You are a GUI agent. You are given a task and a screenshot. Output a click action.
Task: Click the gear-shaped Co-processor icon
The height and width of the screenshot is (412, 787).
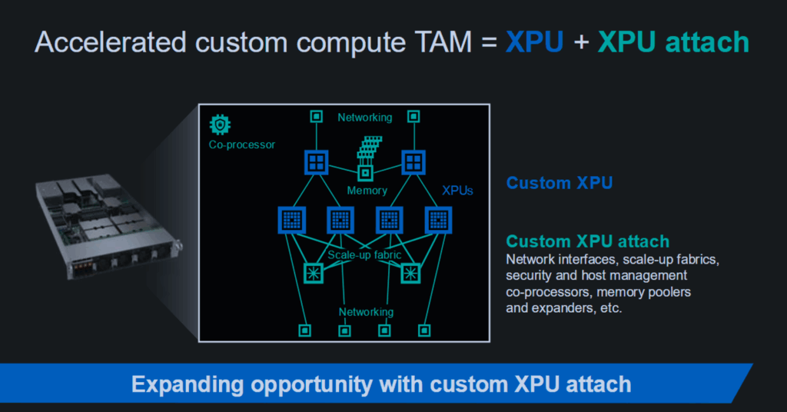pos(220,125)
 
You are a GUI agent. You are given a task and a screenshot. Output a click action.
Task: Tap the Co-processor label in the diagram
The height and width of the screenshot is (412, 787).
pos(242,145)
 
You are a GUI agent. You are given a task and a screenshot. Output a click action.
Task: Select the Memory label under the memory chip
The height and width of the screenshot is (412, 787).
pos(367,191)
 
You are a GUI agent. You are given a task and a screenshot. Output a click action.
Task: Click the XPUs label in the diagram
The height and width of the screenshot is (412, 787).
pos(457,191)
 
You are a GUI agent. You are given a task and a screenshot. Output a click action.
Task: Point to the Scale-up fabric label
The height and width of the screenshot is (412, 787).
pos(364,255)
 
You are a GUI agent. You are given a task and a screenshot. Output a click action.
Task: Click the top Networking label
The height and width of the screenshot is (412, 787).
pos(365,118)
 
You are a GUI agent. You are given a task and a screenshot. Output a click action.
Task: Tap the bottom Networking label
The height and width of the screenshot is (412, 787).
pos(366,312)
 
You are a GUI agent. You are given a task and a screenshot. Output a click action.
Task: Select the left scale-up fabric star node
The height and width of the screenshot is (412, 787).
pos(314,274)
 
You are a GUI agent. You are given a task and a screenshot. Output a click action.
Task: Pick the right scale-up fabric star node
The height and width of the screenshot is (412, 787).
pos(410,274)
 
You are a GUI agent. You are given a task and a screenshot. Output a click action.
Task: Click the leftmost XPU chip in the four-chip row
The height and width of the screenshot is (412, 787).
pos(291,220)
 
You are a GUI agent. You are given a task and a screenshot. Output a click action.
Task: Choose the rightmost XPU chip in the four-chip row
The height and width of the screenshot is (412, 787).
pos(438,220)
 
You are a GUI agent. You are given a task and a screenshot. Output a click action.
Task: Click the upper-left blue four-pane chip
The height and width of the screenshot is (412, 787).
pos(316,162)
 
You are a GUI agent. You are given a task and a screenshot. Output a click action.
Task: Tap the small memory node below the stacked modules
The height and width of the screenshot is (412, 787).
pos(365,174)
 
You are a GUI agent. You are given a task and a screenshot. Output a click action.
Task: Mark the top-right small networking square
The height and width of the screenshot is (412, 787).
pos(413,116)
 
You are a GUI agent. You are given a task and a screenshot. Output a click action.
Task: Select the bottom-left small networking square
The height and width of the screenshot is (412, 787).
pos(304,331)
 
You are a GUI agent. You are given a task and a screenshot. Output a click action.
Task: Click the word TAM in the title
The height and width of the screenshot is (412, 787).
pos(443,42)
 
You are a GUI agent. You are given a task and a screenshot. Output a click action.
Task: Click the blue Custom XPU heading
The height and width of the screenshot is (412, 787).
pos(560,183)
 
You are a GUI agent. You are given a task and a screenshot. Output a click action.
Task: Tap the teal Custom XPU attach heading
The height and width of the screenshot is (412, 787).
pos(588,241)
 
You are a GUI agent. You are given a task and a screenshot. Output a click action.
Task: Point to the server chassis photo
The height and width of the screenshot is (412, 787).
pos(109,226)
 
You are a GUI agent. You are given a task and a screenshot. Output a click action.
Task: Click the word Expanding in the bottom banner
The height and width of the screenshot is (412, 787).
pos(187,385)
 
